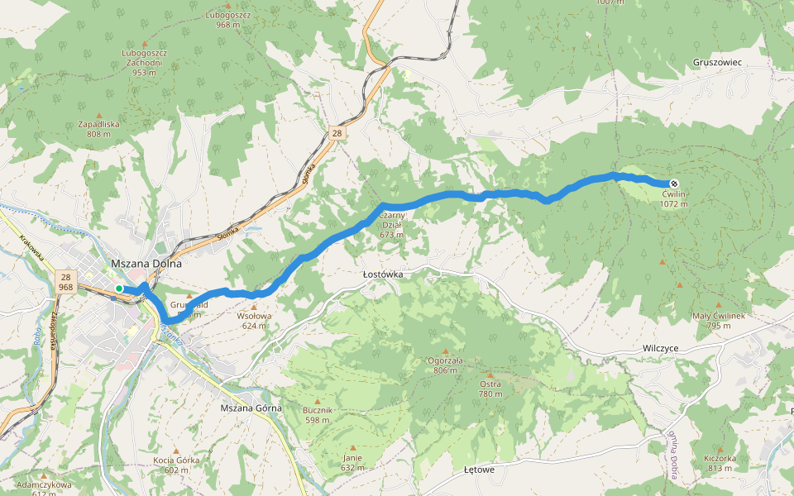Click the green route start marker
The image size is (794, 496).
(119, 289)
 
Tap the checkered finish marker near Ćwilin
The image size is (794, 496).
(674, 184)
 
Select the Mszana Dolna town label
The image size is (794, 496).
(146, 264)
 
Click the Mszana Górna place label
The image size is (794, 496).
(251, 408)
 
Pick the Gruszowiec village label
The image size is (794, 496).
(718, 63)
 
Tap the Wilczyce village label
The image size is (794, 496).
(660, 349)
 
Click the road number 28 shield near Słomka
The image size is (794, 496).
(336, 132)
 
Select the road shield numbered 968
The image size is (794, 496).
(66, 287)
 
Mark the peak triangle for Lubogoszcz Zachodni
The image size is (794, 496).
(146, 43)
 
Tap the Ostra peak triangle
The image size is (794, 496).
(490, 374)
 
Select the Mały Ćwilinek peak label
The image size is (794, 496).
(719, 321)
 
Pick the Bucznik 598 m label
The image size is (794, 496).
(317, 415)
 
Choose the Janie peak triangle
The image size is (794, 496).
(352, 447)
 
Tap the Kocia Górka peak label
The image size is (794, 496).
(177, 465)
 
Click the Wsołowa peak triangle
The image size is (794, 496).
(254, 308)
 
